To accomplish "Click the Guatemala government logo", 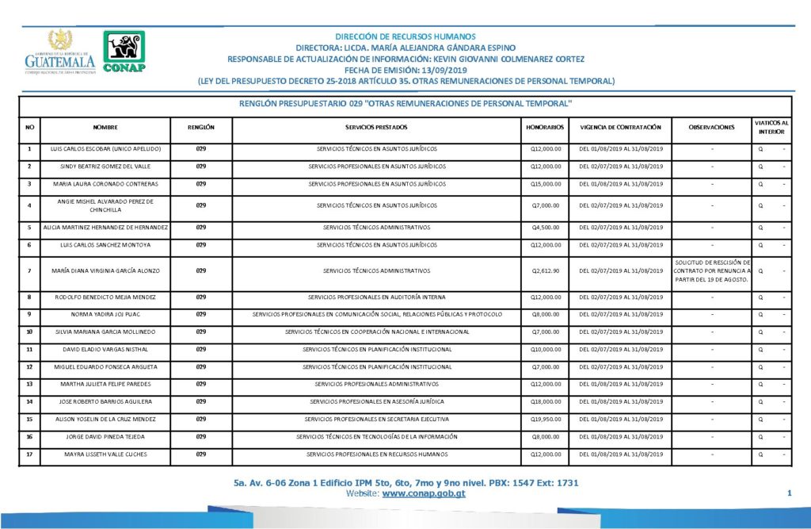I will pyautogui.click(x=60, y=53).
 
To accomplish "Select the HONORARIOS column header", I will pyautogui.click(x=545, y=127).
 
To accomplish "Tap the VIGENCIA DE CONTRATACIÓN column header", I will pyautogui.click(x=620, y=127).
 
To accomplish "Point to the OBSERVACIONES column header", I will pyautogui.click(x=711, y=127).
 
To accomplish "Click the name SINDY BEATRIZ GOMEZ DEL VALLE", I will pyautogui.click(x=105, y=167).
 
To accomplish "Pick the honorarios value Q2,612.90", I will pyautogui.click(x=546, y=270).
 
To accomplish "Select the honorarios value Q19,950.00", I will pyautogui.click(x=546, y=420).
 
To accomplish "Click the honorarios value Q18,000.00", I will pyautogui.click(x=546, y=402).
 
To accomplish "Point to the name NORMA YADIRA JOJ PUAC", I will pyautogui.click(x=105, y=314).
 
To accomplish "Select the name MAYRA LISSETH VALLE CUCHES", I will pyautogui.click(x=105, y=454).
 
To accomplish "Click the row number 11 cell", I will pyautogui.click(x=29, y=349).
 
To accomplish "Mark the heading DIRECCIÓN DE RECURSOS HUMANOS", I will pyautogui.click(x=405, y=36).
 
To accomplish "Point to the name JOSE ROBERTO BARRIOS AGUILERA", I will pyautogui.click(x=105, y=402).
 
